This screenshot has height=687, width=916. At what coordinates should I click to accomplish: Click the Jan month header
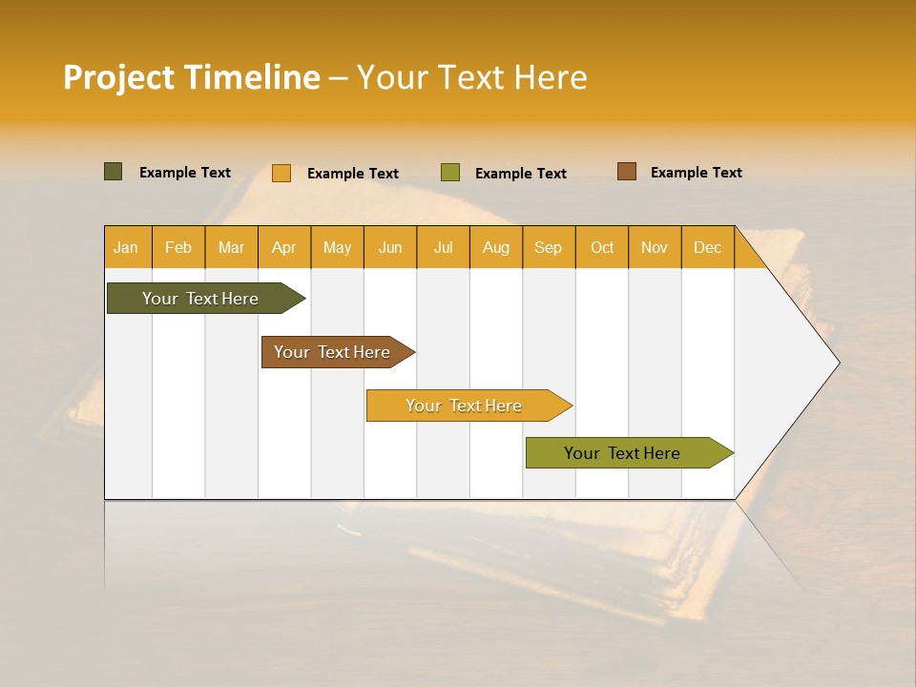pos(126,247)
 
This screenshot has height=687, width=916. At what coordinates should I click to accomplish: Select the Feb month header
pos(178,247)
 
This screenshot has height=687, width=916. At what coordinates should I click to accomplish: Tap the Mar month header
pos(231,247)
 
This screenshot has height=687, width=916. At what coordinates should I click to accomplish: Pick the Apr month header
pos(283,247)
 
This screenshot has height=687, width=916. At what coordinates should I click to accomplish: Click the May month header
pos(337,247)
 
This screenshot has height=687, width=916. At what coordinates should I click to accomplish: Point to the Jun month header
pos(390,247)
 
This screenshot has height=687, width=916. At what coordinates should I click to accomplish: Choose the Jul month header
pos(443,247)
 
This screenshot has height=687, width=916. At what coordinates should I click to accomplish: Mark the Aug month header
pos(496,247)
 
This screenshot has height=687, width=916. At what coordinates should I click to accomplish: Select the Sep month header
pos(549,247)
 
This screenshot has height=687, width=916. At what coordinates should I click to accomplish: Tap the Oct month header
pos(602,247)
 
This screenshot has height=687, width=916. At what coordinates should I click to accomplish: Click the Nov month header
pos(655,247)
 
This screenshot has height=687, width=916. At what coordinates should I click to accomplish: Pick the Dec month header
pos(707,247)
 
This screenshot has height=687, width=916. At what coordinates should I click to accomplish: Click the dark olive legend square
pos(114,172)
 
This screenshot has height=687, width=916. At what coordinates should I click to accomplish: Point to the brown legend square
pos(626,172)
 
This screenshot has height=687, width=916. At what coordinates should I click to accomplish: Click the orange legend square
pos(281,173)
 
